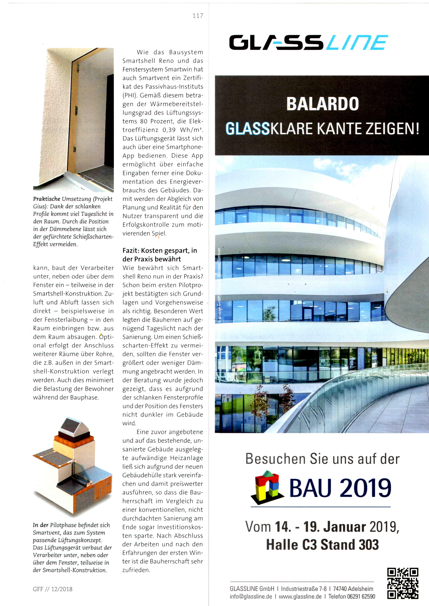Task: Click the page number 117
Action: click(198, 16)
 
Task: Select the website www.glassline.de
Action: click(300, 596)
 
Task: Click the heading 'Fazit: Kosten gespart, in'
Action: click(160, 250)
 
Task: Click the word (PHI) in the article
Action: click(129, 95)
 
